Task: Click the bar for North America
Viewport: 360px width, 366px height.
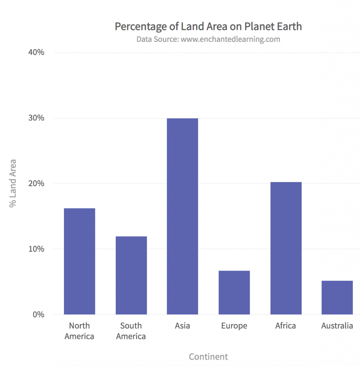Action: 79,261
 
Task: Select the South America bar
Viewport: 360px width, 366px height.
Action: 131,275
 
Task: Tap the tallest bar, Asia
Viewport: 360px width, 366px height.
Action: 182,216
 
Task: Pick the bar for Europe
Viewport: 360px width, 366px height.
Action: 234,292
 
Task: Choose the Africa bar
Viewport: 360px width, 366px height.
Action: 286,248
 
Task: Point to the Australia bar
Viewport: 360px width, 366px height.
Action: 337,297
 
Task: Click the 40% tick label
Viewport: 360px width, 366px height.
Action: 36,53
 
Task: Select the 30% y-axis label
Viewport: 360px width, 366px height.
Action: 36,118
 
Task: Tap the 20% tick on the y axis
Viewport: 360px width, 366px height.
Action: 36,183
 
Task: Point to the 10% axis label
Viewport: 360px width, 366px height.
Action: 36,249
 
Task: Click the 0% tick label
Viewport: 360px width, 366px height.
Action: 38,315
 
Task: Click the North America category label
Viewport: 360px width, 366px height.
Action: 79,331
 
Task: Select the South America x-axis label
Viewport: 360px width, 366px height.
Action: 131,331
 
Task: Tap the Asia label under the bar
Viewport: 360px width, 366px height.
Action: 182,326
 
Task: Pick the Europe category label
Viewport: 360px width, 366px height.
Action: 234,326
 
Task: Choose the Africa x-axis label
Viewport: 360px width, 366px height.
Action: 286,326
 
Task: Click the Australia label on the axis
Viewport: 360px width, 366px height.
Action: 337,326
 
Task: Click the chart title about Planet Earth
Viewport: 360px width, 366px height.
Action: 208,26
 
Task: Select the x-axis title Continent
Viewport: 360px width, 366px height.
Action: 208,357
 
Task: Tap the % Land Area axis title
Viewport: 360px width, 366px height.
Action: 13,183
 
